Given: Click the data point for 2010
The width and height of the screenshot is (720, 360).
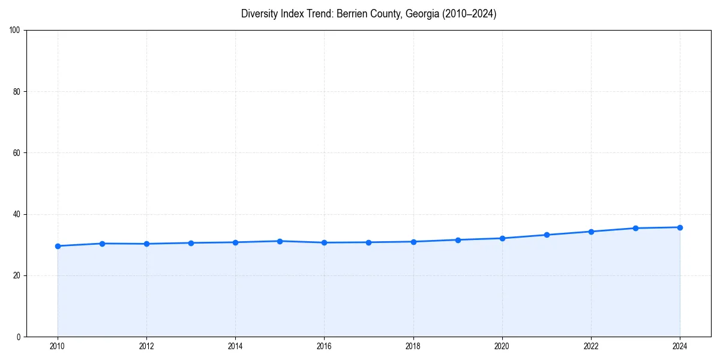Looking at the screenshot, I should (x=58, y=246).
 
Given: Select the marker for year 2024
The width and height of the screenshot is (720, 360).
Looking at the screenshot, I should (x=680, y=227).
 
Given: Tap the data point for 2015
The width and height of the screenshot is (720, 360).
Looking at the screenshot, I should (x=280, y=241).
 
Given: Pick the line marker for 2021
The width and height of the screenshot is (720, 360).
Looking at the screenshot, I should (x=547, y=235).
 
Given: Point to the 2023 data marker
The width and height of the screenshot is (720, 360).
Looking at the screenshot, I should (x=635, y=228).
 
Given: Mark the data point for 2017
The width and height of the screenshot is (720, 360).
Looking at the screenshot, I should (x=368, y=242).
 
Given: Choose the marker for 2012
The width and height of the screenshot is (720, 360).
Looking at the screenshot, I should (x=146, y=244).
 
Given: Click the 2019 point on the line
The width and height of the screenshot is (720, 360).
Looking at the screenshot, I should (x=458, y=240).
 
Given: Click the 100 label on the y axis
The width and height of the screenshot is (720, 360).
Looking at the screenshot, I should (x=15, y=31).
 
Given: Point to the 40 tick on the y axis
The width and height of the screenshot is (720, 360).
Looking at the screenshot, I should (x=17, y=214).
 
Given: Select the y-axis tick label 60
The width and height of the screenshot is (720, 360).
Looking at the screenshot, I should (x=17, y=153).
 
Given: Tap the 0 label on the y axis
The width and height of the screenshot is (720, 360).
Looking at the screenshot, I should (x=19, y=337).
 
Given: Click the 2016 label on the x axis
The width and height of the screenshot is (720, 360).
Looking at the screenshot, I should (x=324, y=346).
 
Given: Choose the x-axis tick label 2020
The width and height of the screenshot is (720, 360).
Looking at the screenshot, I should (x=502, y=346).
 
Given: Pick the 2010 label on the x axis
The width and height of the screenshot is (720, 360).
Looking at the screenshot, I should (x=58, y=346).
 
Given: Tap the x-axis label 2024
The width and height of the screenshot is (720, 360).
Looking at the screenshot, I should (x=680, y=346).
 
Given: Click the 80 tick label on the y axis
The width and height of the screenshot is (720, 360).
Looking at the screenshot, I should (x=17, y=92).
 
